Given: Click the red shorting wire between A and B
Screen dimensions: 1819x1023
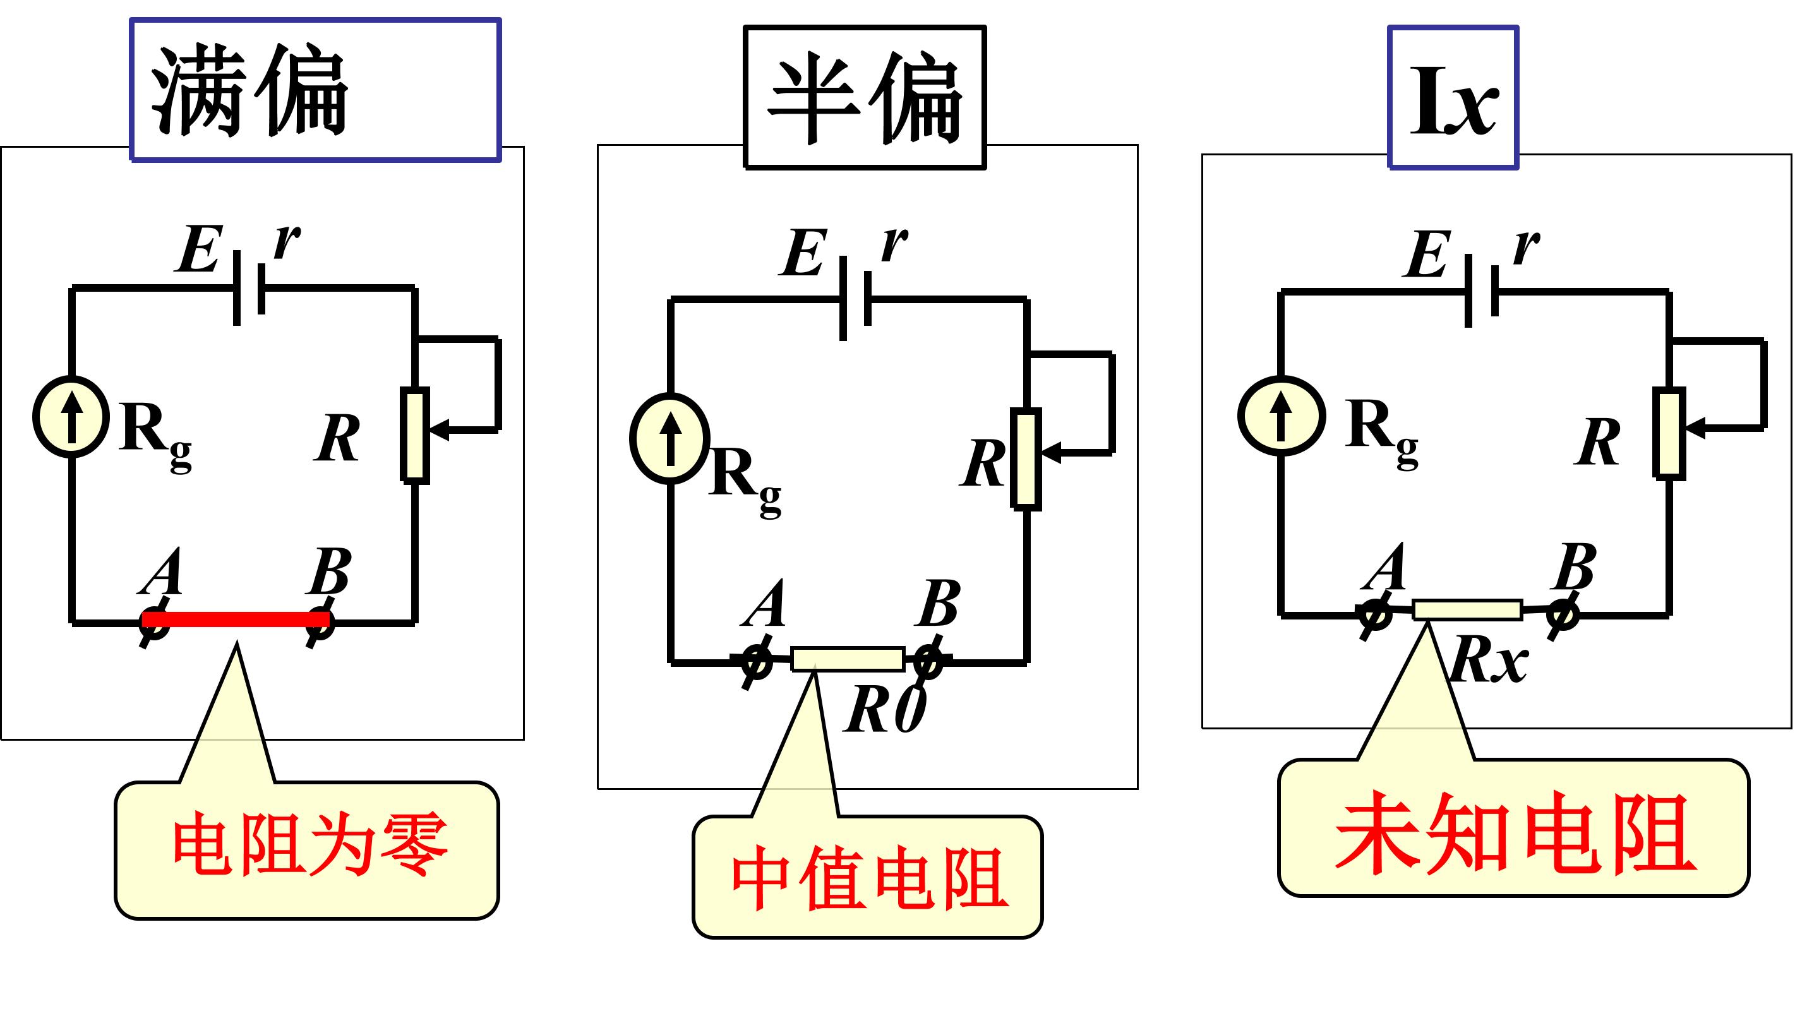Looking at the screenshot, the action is pyautogui.click(x=236, y=619).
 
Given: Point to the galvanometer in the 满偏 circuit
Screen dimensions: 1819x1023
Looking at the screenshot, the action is pyautogui.click(x=71, y=417).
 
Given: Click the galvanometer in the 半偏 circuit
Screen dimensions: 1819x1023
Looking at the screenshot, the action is pyautogui.click(x=670, y=438).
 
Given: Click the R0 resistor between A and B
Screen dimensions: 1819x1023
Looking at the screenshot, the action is pyautogui.click(x=848, y=659).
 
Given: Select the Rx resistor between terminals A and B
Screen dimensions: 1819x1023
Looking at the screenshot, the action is pyautogui.click(x=1467, y=609).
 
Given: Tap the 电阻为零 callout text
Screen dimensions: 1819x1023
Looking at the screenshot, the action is pyautogui.click(x=310, y=844).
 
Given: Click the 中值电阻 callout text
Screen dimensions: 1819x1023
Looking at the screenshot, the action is pyautogui.click(x=869, y=878).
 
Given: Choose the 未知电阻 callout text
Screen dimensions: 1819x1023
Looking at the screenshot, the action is pyautogui.click(x=1515, y=832).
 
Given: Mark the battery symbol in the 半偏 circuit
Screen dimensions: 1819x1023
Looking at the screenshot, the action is pyautogui.click(x=855, y=299).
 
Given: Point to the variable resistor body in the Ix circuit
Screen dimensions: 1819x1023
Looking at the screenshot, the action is pyautogui.click(x=1669, y=433).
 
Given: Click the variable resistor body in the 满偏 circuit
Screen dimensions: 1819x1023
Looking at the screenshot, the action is pyautogui.click(x=415, y=435).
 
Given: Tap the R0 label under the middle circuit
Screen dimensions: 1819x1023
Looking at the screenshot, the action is pyautogui.click(x=885, y=710).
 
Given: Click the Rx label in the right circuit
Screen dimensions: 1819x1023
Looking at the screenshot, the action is pyautogui.click(x=1489, y=660).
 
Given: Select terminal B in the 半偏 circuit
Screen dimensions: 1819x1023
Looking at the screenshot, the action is pyautogui.click(x=928, y=662).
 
